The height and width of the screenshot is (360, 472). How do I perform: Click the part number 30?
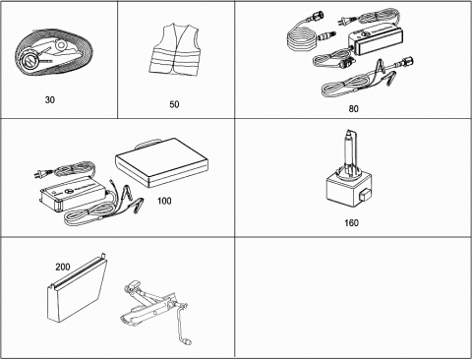point(50,99)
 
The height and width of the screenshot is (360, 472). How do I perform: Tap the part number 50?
point(174,104)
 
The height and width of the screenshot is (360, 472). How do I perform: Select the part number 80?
point(353,108)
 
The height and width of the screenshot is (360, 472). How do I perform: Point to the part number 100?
point(164,201)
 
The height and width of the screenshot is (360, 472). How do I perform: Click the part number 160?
point(351,223)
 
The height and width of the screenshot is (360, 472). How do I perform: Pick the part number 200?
point(63,267)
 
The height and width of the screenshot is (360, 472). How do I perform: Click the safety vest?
point(174,50)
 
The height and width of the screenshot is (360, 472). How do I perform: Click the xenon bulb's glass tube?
point(350,150)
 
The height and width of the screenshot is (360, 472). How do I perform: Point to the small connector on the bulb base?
point(364,196)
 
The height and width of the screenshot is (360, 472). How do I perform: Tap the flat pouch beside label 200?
point(78,288)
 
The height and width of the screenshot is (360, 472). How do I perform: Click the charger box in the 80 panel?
point(376,39)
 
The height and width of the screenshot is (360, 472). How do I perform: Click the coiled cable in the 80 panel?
point(302,36)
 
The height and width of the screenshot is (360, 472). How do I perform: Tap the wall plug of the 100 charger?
point(39,175)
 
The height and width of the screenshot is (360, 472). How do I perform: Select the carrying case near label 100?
point(162,163)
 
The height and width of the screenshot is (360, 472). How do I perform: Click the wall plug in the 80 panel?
point(343,22)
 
